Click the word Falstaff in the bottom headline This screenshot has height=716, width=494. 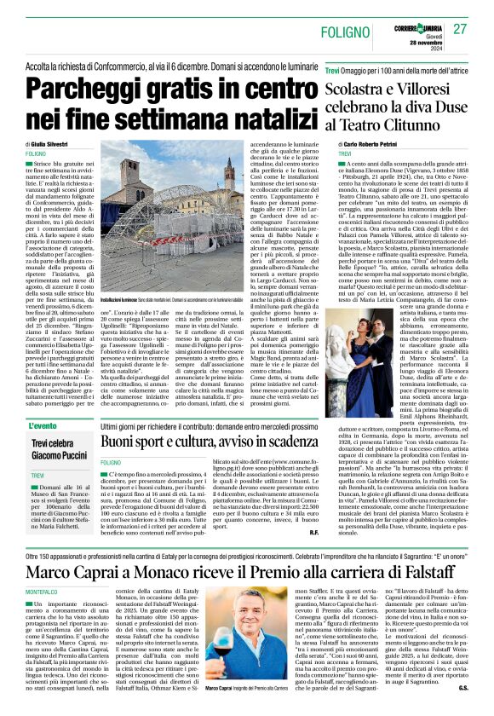pyautogui.click(x=433, y=543)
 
